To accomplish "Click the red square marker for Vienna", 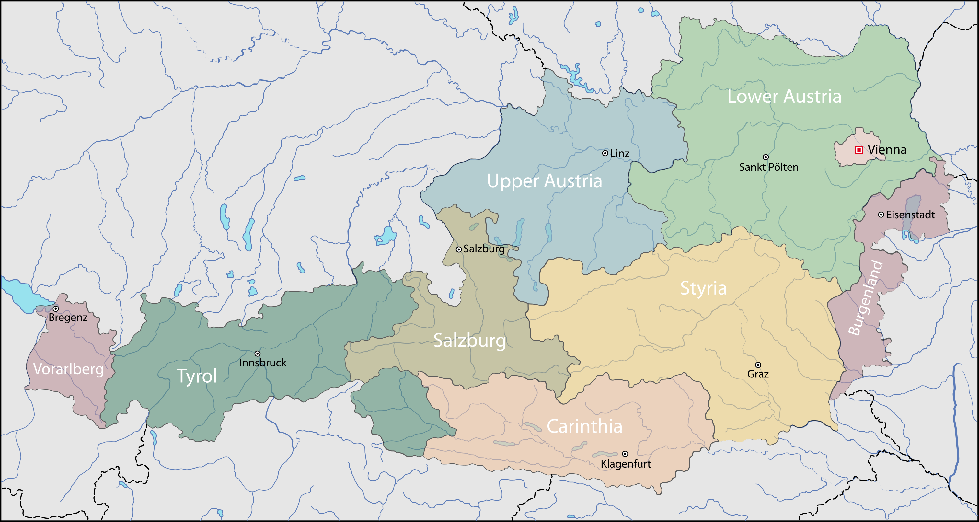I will click(858, 150).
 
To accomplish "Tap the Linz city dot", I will click(605, 153).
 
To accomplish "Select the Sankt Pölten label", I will click(768, 167).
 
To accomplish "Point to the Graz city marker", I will click(758, 365).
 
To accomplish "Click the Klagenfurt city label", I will click(626, 464).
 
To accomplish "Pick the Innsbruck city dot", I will click(257, 354).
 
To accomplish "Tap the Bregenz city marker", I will click(55, 309).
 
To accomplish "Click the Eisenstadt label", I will click(910, 215).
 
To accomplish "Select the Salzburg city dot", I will click(459, 249).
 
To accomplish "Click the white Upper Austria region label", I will click(544, 181).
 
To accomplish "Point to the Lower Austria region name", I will click(784, 96).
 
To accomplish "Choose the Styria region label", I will click(703, 288).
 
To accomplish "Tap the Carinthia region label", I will click(584, 426).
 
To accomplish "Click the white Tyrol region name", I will click(197, 376).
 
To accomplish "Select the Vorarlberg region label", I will click(68, 369).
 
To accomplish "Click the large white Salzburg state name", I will click(469, 340).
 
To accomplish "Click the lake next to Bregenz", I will click(19, 293).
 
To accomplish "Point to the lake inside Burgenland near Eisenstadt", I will click(912, 217).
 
